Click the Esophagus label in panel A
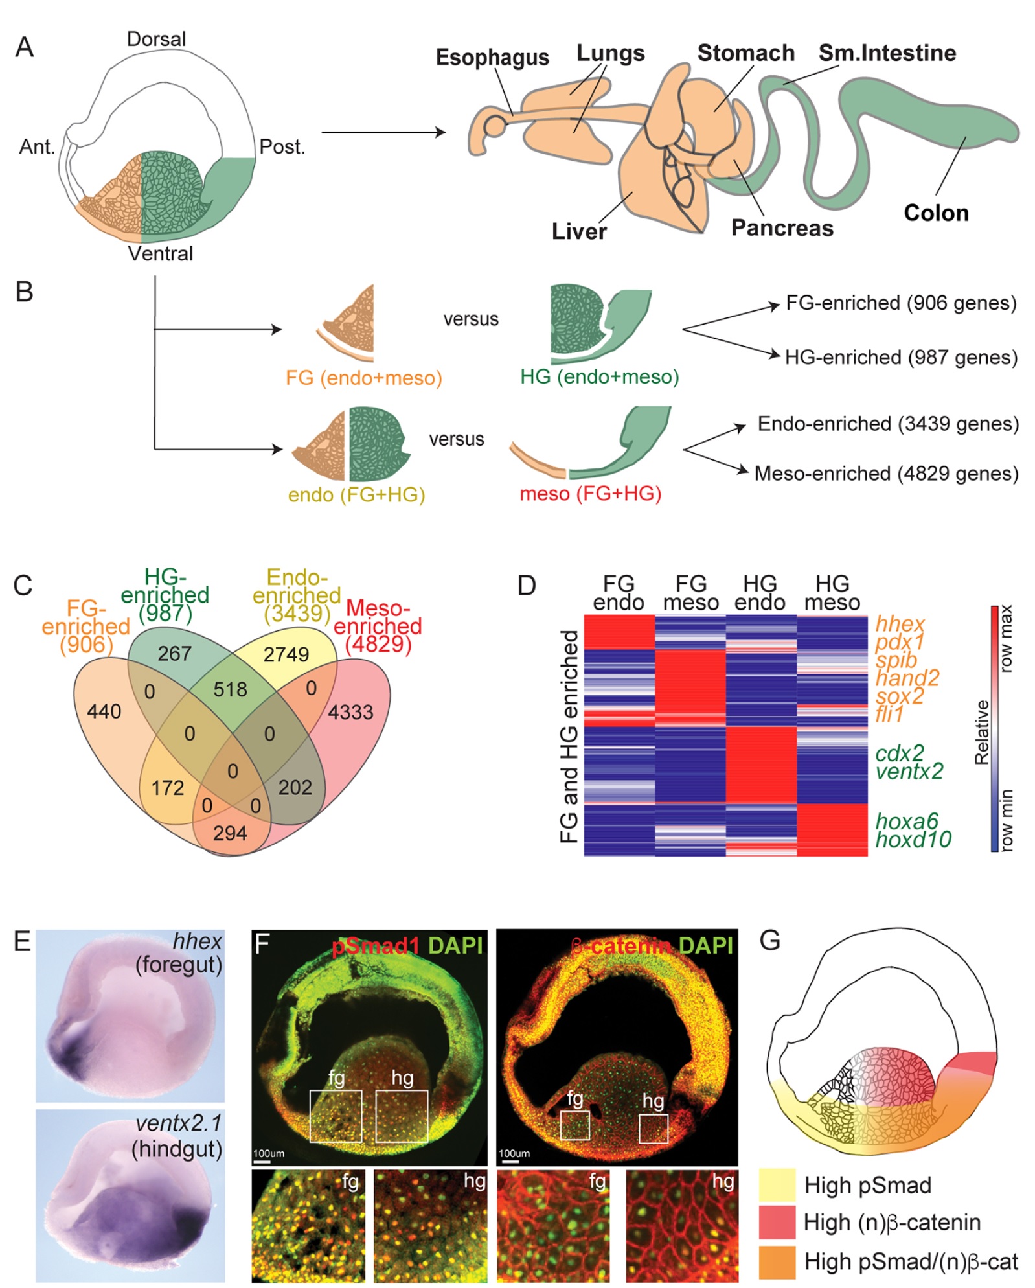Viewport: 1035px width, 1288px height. pyautogui.click(x=492, y=58)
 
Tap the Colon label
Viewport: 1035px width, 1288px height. pyautogui.click(x=936, y=213)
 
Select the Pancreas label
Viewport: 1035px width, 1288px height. pyautogui.click(x=782, y=228)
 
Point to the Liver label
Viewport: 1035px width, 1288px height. pyautogui.click(x=579, y=231)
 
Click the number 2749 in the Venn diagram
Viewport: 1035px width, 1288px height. pyautogui.click(x=286, y=654)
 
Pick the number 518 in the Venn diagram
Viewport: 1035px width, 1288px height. pyautogui.click(x=230, y=689)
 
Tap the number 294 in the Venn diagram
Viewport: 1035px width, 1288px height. pyautogui.click(x=230, y=833)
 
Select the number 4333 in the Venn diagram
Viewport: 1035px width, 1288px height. pyautogui.click(x=350, y=712)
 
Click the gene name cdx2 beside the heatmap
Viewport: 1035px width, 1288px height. pyautogui.click(x=900, y=753)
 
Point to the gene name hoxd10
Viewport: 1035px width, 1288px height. pyautogui.click(x=913, y=839)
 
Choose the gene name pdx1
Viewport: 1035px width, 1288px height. pyautogui.click(x=900, y=642)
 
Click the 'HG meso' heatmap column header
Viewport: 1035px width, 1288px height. pyautogui.click(x=832, y=593)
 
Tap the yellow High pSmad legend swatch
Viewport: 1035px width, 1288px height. pyautogui.click(x=777, y=1185)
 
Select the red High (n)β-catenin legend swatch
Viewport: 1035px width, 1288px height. pyautogui.click(x=777, y=1222)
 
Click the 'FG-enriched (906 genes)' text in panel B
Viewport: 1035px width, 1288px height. pyautogui.click(x=901, y=303)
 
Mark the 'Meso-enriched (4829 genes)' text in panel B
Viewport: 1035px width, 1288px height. pyautogui.click(x=886, y=474)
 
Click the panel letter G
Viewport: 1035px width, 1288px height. pyautogui.click(x=770, y=940)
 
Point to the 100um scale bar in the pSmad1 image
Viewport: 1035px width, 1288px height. pyautogui.click(x=262, y=1162)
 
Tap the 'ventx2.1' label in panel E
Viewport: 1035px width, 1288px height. pyautogui.click(x=179, y=1123)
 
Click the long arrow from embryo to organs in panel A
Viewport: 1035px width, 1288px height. pyautogui.click(x=383, y=132)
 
